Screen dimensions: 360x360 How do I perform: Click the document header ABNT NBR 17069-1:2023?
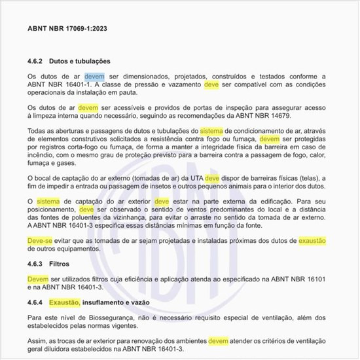pos(67,29)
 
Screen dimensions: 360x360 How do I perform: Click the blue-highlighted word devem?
pos(94,76)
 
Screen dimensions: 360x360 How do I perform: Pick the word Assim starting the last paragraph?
pos(38,342)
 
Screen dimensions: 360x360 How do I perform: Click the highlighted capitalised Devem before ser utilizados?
pos(39,279)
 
